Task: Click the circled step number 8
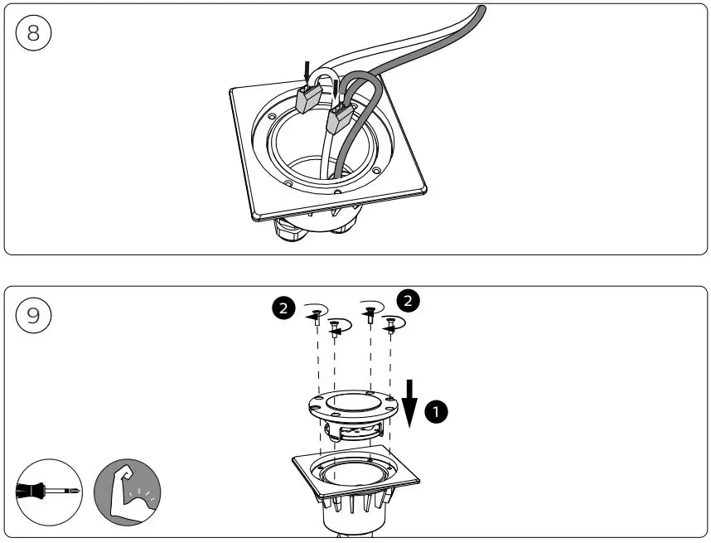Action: [34, 34]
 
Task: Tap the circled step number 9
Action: [34, 316]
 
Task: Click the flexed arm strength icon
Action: [127, 492]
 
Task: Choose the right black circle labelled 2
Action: [408, 300]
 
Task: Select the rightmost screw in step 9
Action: [389, 328]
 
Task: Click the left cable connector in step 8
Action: [307, 99]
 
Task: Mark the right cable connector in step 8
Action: [338, 119]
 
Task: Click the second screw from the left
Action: [335, 329]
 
